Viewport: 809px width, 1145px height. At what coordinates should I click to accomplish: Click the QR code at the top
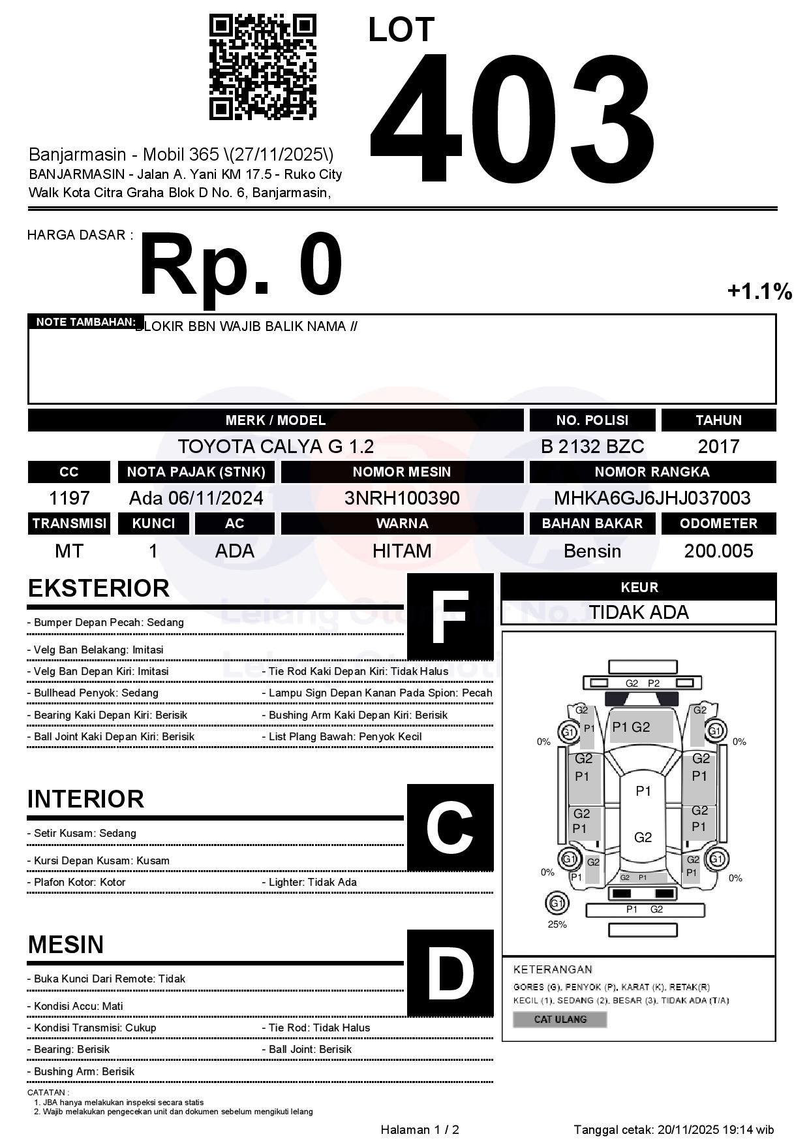[x=262, y=67]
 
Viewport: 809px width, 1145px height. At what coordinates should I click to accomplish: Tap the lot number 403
[x=512, y=118]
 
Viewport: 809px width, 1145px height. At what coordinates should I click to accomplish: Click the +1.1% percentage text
[x=759, y=291]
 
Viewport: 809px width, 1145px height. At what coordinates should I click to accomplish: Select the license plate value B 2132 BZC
[x=592, y=447]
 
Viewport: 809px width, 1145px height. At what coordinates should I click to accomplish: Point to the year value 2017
[x=718, y=447]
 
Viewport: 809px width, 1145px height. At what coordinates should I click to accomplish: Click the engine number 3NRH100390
[x=402, y=498]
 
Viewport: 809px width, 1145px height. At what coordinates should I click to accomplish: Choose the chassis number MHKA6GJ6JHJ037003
[x=652, y=498]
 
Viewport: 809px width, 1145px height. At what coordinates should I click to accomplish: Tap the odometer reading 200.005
[x=718, y=551]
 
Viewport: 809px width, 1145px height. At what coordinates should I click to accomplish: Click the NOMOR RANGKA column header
[x=652, y=472]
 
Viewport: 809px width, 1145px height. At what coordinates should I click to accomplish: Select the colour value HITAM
[x=402, y=551]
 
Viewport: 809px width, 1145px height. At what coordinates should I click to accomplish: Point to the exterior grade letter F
[x=450, y=617]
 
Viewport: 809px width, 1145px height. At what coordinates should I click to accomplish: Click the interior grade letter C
[x=450, y=828]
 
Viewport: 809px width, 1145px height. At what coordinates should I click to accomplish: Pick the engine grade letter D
[x=450, y=973]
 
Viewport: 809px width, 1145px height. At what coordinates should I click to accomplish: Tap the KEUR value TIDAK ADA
[x=639, y=612]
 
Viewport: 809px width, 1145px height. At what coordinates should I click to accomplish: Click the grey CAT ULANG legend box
[x=560, y=1019]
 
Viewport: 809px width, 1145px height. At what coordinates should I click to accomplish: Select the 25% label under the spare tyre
[x=557, y=924]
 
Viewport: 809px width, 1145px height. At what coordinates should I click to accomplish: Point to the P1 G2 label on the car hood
[x=631, y=727]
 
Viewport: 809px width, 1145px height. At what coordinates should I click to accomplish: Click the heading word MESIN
[x=66, y=945]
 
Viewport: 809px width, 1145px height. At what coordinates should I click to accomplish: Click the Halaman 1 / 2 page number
[x=420, y=1129]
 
